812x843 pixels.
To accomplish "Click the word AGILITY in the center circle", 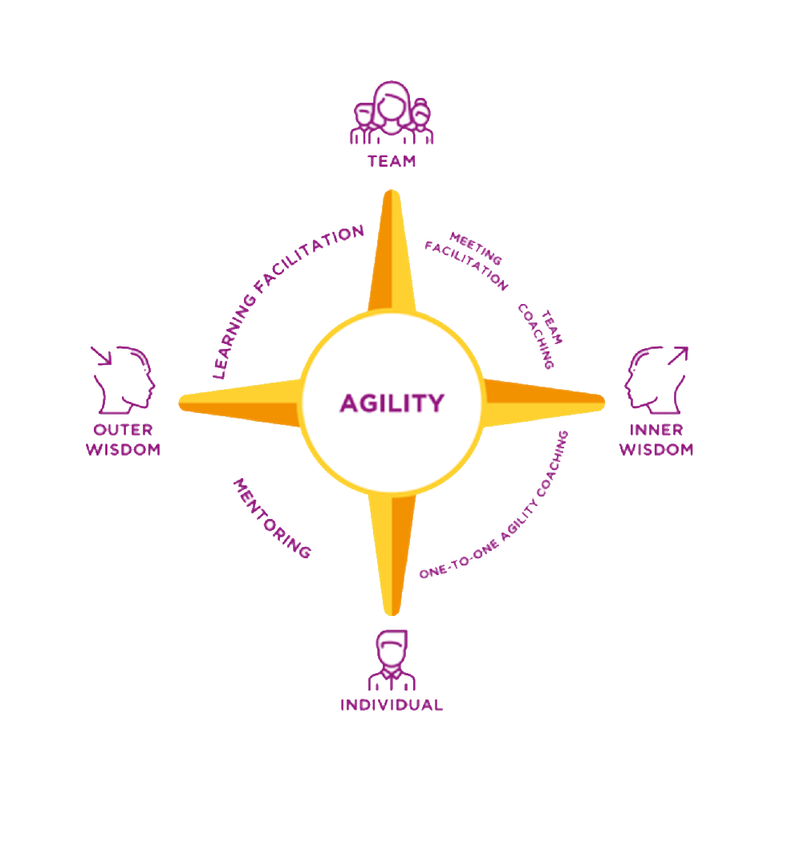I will click(x=391, y=403).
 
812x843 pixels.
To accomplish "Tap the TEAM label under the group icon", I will click(x=392, y=161).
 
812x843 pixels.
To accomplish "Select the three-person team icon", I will click(x=392, y=113).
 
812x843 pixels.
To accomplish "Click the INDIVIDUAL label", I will click(x=391, y=705).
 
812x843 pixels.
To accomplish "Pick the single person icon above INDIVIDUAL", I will click(x=391, y=659).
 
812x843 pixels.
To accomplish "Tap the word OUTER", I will click(x=123, y=430).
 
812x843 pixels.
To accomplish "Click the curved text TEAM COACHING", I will click(x=541, y=337).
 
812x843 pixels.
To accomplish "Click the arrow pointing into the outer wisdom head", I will click(x=101, y=355).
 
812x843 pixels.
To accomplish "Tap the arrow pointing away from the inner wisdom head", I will click(x=678, y=355).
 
